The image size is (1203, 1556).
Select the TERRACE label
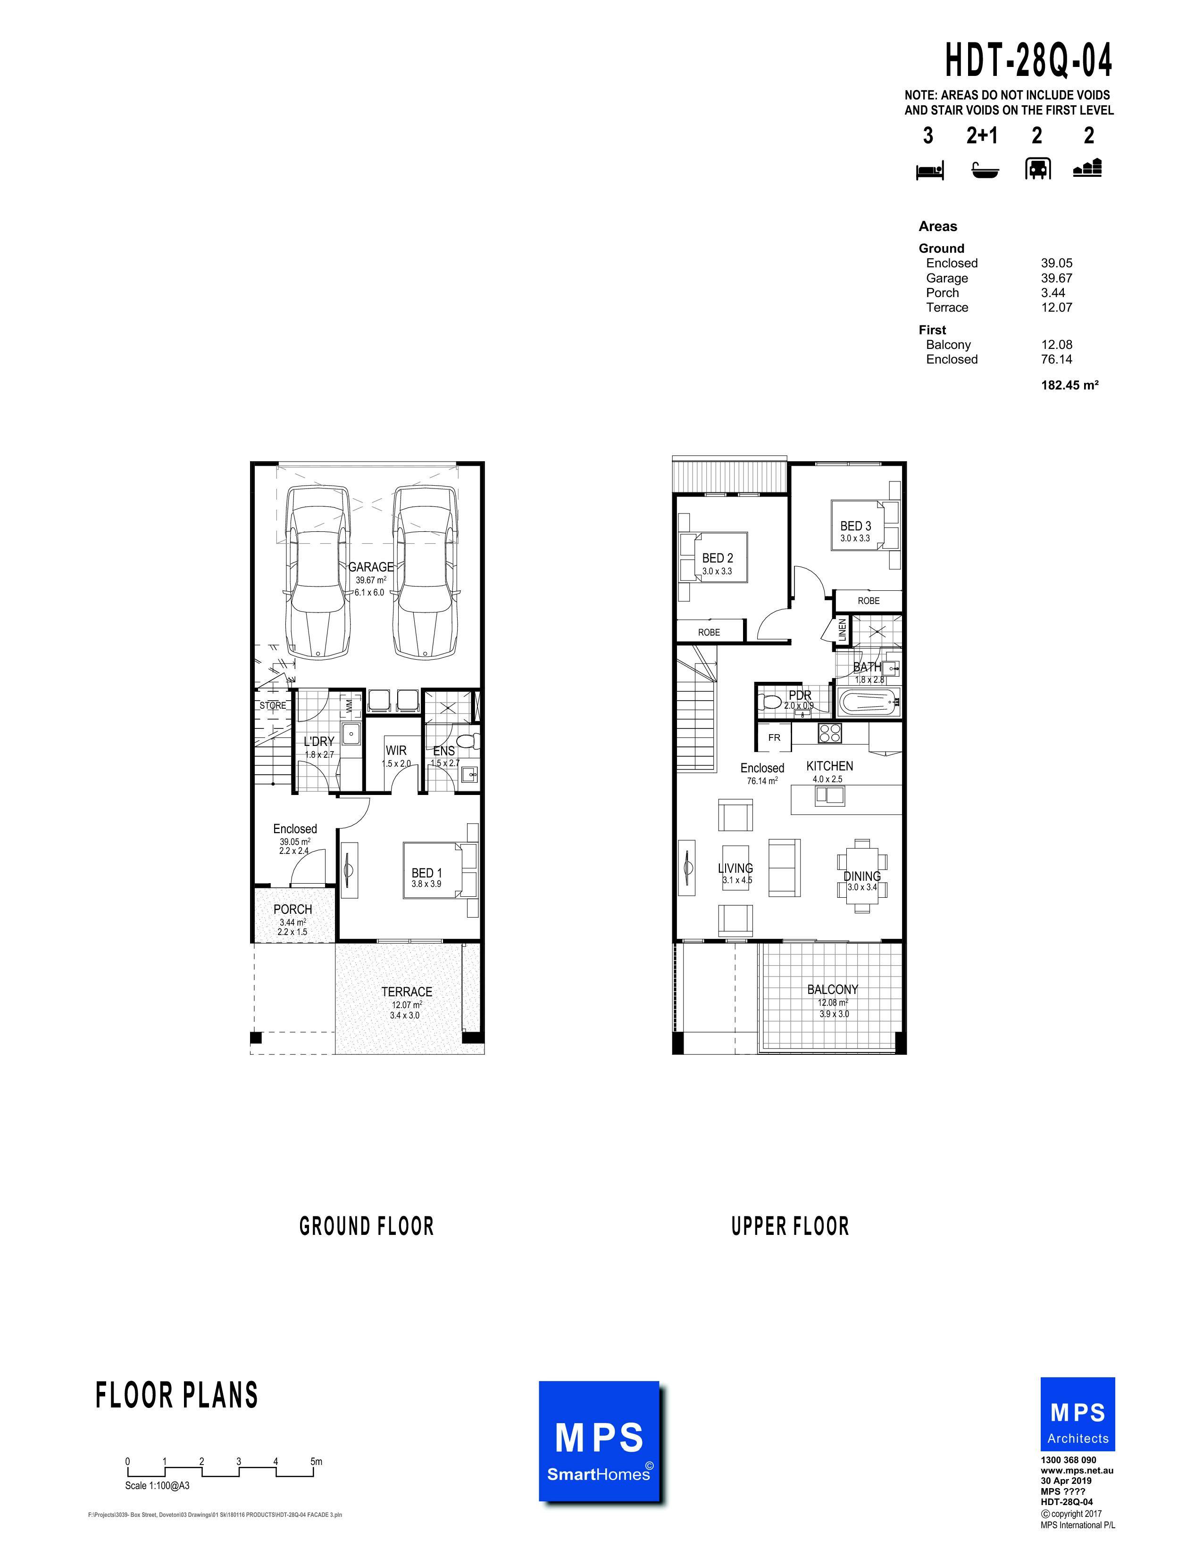tap(406, 992)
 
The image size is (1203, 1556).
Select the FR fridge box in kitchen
tap(775, 738)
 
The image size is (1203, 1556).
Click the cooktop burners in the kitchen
tap(829, 733)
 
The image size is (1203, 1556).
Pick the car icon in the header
tap(1037, 169)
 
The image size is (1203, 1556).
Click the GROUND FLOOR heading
tap(366, 1226)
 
